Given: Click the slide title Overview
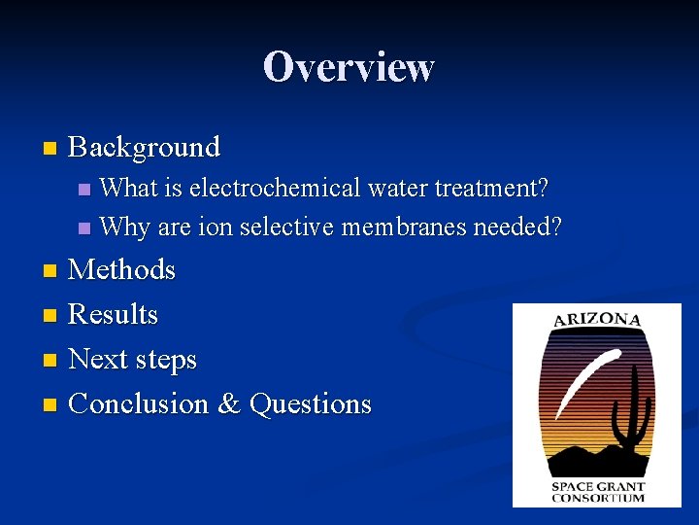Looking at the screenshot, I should tap(349, 67).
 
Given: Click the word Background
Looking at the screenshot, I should tap(145, 148).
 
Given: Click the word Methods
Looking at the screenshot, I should tap(122, 269).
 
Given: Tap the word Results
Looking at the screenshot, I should tap(114, 314).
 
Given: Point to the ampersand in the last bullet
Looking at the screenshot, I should tap(229, 403).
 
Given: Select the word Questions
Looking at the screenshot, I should tap(311, 403).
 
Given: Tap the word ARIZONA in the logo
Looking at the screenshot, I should tap(597, 320).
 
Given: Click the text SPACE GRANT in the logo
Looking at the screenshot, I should tap(597, 486).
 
